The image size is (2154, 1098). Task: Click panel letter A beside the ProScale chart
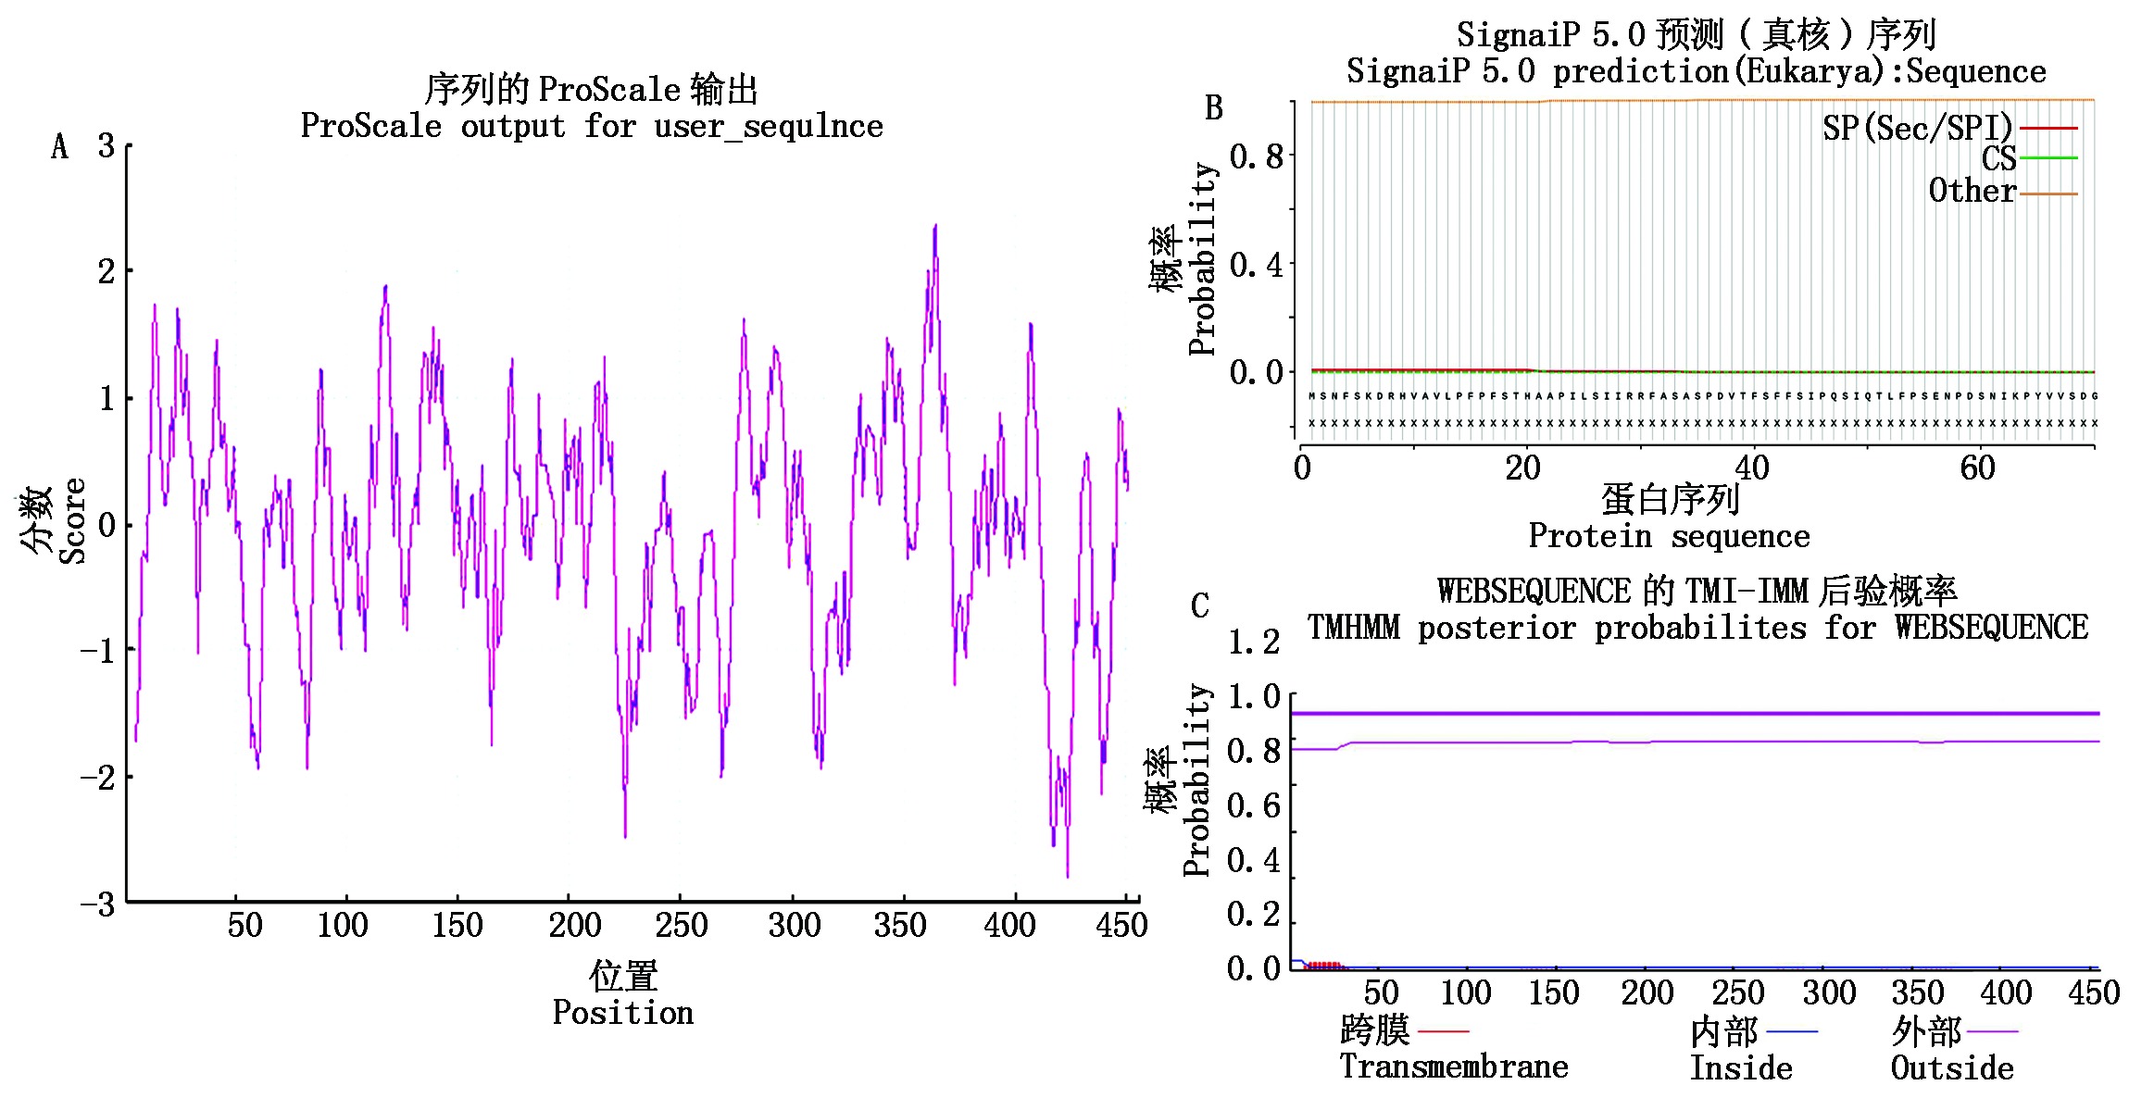click(x=59, y=146)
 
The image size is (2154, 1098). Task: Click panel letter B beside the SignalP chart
click(x=1213, y=108)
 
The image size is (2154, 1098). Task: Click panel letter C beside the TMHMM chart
click(x=1199, y=605)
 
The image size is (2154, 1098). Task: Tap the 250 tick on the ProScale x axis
click(x=681, y=925)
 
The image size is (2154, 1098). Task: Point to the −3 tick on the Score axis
click(x=97, y=904)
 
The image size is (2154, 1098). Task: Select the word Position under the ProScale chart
click(x=622, y=1013)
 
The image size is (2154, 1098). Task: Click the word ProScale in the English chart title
click(x=370, y=126)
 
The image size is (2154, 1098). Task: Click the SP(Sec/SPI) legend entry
click(x=1918, y=128)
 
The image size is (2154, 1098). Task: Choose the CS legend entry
click(x=1998, y=158)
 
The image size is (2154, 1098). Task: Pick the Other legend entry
click(x=1972, y=191)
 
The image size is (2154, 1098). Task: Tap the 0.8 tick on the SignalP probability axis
click(x=1256, y=156)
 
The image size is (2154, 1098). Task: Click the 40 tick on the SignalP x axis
click(x=1751, y=468)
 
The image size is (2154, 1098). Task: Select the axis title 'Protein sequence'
click(x=1669, y=536)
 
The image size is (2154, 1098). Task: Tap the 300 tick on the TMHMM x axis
click(x=1829, y=993)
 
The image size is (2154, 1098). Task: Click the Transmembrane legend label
click(x=1453, y=1067)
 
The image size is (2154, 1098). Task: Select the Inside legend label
click(x=1741, y=1068)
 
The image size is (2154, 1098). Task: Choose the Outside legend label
click(x=1952, y=1068)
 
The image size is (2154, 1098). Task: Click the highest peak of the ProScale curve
click(x=935, y=225)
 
